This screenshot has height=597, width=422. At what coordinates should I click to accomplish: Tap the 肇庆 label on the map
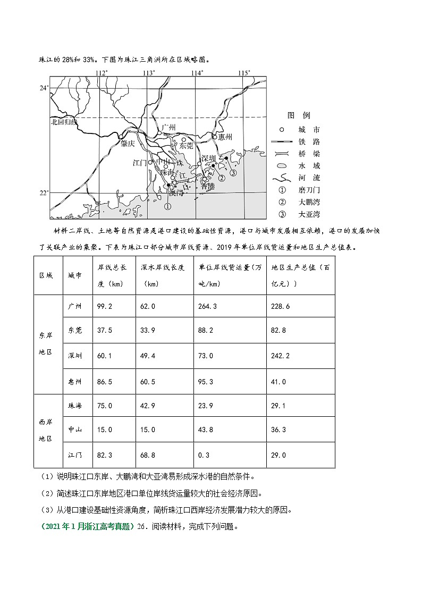pos(128,143)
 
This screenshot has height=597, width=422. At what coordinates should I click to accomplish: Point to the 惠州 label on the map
pos(225,137)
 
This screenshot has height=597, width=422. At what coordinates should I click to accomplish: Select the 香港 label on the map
pos(208,186)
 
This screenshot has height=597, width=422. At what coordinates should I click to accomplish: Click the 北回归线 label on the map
pos(63,122)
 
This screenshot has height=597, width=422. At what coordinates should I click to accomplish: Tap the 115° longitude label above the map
pos(244,72)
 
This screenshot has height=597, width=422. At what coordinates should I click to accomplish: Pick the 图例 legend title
pos(298,115)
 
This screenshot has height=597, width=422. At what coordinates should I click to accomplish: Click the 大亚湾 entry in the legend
pos(309,214)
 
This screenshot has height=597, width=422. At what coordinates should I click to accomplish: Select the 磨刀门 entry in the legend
pos(309,190)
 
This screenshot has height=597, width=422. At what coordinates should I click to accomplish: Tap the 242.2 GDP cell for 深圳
pos(280,356)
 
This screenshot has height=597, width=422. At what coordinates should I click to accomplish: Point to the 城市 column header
pos(75,276)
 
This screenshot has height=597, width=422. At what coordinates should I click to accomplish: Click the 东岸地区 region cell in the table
pos(46,344)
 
